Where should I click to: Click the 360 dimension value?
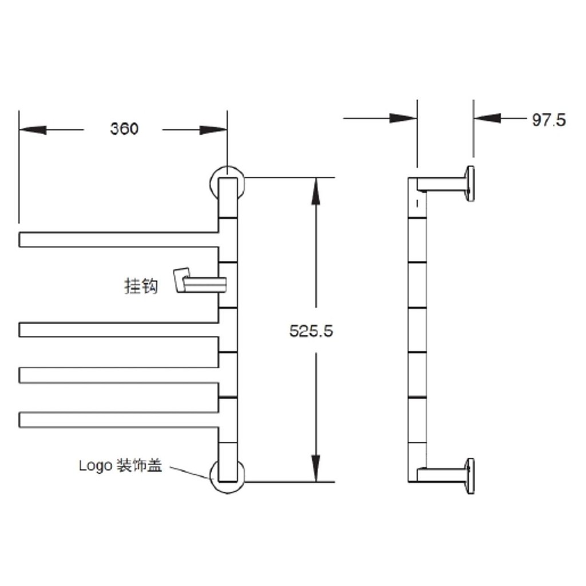(124, 129)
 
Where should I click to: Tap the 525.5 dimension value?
(311, 331)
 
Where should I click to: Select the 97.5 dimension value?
(549, 120)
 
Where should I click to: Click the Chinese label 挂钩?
(141, 286)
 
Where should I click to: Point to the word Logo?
(96, 466)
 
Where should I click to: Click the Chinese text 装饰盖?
(140, 465)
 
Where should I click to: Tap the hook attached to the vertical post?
(200, 280)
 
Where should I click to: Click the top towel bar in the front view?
(118, 240)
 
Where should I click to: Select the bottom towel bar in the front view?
(118, 419)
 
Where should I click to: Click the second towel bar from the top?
(118, 330)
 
